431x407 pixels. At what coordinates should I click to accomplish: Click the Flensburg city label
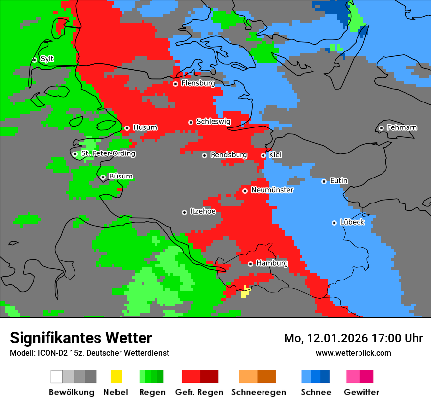tap(198, 83)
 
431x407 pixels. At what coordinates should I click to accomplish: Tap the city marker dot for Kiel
tap(263, 155)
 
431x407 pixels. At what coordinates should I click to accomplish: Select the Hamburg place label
tap(272, 263)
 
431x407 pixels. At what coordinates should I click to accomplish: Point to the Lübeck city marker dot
tap(335, 223)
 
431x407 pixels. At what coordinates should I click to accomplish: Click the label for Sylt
tap(47, 59)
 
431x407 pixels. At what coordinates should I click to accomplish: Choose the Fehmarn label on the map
tap(402, 127)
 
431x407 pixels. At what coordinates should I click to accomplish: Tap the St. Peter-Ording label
tap(108, 153)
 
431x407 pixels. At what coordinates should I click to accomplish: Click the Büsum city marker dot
tap(103, 177)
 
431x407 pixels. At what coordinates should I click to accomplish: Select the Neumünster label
tap(272, 190)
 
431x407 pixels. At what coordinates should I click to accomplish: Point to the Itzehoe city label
tap(203, 211)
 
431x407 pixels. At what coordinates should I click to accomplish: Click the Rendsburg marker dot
tap(205, 155)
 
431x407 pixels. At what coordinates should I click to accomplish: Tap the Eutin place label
tap(338, 181)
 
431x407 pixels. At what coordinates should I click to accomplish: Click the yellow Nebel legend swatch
tap(116, 377)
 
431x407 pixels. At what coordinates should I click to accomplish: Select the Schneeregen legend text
tap(258, 392)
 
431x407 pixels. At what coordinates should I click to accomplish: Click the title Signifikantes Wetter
tap(81, 338)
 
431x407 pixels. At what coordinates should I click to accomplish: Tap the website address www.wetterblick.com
tap(353, 353)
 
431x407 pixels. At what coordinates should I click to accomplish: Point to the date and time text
tap(353, 338)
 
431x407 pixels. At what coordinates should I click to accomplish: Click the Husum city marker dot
tap(127, 128)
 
